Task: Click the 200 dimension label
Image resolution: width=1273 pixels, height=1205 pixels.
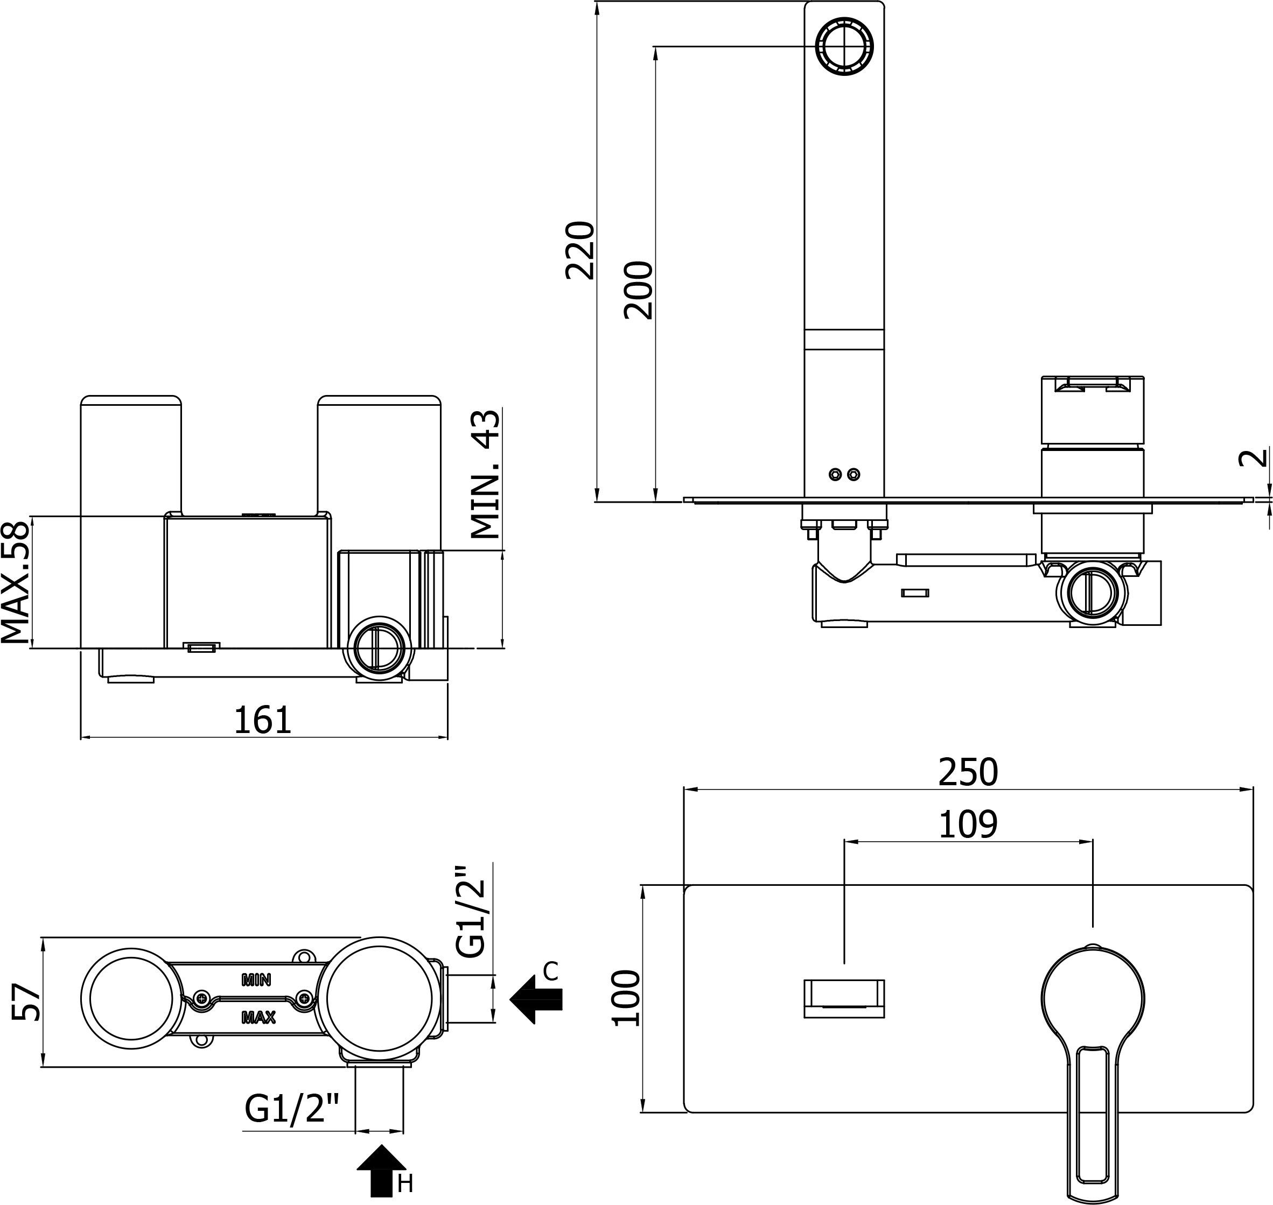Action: click(638, 290)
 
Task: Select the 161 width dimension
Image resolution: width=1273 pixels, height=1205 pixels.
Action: click(262, 720)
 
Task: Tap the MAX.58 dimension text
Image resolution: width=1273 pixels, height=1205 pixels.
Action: click(16, 582)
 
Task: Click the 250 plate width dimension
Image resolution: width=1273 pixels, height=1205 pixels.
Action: click(968, 773)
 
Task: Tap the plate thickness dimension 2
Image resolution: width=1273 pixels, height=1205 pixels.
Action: click(1253, 458)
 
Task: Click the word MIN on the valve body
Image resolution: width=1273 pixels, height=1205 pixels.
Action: click(256, 980)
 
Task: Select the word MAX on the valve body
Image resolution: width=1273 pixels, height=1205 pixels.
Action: click(258, 1017)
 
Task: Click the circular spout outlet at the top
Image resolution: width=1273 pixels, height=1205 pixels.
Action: click(844, 46)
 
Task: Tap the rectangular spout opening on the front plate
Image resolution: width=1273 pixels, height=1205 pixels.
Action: click(844, 999)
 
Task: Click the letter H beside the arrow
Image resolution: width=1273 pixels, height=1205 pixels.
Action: click(405, 1184)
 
